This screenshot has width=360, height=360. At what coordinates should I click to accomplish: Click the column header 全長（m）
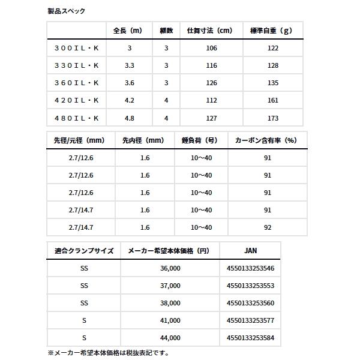(128, 31)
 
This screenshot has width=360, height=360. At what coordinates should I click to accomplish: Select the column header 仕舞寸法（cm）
(209, 31)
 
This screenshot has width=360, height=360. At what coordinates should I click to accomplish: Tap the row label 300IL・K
(77, 48)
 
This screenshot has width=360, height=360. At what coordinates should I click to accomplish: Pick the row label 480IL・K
(77, 118)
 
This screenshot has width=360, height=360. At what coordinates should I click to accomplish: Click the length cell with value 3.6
(129, 83)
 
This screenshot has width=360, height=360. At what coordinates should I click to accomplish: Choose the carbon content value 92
(268, 227)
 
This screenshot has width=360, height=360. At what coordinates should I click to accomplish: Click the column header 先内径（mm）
(144, 140)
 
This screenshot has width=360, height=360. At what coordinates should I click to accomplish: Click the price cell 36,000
(170, 268)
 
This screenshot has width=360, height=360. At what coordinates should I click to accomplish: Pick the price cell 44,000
(170, 338)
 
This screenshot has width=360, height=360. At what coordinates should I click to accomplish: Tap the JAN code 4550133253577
(250, 320)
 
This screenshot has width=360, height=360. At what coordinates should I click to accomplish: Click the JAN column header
(250, 251)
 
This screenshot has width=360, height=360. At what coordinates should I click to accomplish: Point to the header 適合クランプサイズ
(83, 251)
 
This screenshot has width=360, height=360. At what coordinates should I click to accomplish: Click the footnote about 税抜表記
(108, 353)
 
